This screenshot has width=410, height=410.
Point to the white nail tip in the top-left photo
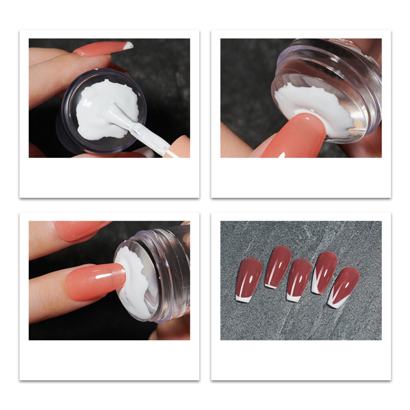(128, 46)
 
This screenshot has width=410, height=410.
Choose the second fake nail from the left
(278, 266)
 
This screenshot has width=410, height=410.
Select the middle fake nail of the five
(299, 279)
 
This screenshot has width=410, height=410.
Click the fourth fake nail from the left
(324, 272)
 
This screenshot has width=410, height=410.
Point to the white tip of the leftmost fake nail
(243, 298)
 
